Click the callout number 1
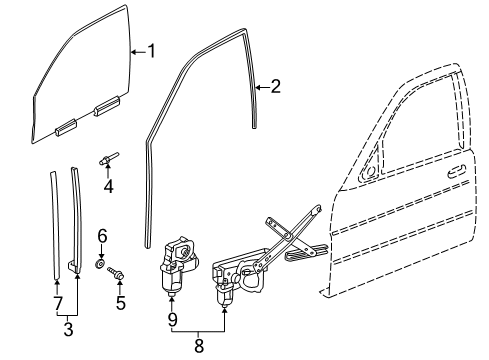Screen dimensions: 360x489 click(151, 50)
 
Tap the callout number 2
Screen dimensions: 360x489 click(275, 86)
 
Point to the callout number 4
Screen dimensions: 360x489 click(109, 185)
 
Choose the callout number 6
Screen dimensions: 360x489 click(101, 236)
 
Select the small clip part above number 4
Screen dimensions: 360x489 click(107, 157)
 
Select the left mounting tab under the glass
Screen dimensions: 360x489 click(66, 126)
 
